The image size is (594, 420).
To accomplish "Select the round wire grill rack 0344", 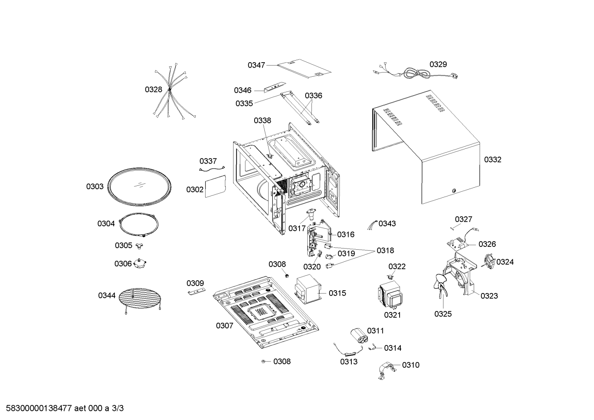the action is (140, 298).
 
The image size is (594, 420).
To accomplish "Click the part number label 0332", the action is (493, 160).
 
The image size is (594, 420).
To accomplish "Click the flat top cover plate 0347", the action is (304, 69).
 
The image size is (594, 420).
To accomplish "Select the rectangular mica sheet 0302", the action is (215, 186).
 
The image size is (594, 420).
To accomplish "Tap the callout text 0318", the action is (385, 250).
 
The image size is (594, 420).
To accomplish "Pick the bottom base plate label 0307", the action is (225, 326).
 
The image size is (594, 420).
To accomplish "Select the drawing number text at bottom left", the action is (65, 408).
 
